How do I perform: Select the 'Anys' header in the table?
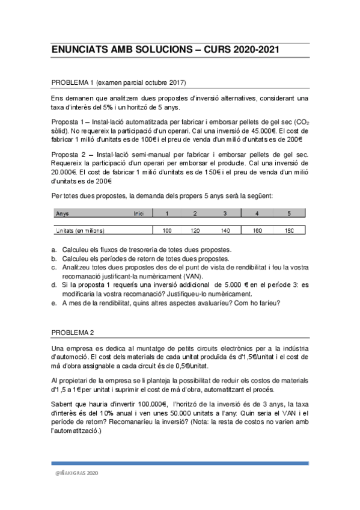[62, 214]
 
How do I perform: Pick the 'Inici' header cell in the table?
[139, 214]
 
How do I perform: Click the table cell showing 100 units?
[166, 230]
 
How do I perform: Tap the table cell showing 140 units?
[225, 230]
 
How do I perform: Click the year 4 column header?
[257, 214]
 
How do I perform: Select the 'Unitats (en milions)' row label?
[80, 230]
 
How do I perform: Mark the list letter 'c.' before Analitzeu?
[55, 267]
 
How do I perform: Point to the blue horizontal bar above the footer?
[180, 463]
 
